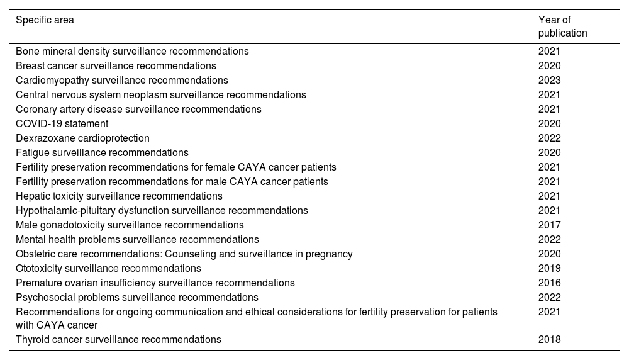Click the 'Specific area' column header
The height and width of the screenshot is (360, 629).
[45, 20]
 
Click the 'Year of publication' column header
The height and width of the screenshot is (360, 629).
[562, 26]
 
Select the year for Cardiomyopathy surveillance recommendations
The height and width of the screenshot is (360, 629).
[549, 81]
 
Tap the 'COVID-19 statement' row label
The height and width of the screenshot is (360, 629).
[62, 124]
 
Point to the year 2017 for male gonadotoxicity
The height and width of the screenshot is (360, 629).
[549, 225]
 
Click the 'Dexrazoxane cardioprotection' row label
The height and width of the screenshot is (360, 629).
[82, 138]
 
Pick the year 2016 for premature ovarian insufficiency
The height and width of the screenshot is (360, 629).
[549, 283]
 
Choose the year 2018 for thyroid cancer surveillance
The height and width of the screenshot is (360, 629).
[549, 340]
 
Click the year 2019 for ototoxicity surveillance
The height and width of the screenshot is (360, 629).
[549, 269]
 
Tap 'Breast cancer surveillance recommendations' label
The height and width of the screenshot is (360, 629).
[116, 66]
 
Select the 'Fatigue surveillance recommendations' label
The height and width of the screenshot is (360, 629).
[102, 153]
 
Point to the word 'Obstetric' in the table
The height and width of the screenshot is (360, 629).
[35, 254]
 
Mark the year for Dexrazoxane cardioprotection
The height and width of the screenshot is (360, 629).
[549, 138]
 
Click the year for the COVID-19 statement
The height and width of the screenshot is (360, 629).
[549, 124]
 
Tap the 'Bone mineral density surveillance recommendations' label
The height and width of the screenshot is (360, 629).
[132, 52]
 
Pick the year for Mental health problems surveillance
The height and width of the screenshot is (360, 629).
[549, 240]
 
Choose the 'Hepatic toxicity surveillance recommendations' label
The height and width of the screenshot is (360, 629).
[119, 196]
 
